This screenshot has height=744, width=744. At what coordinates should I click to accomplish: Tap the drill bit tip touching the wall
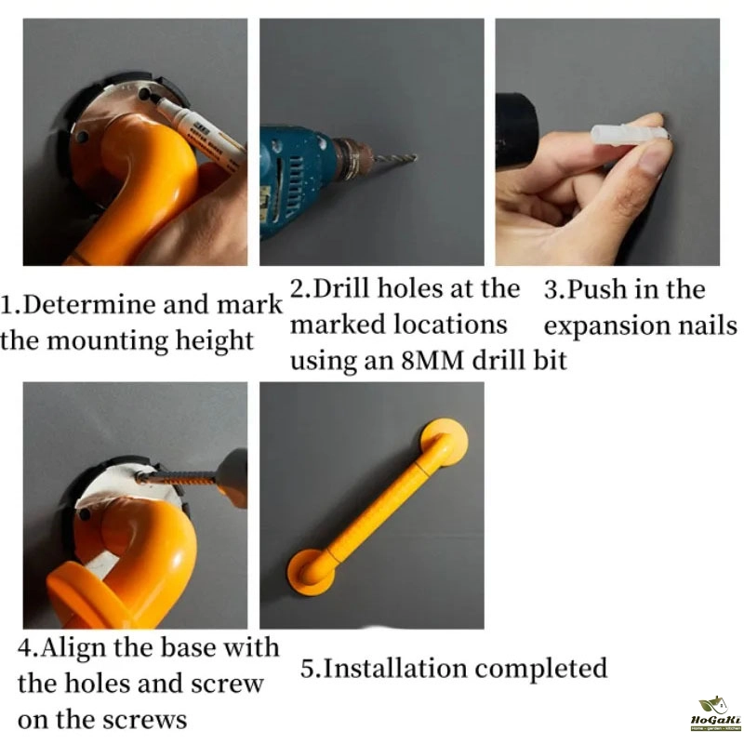point(416,156)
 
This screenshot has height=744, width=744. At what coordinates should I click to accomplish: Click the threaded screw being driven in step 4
point(176,477)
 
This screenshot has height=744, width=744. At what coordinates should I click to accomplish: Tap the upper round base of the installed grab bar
point(445,441)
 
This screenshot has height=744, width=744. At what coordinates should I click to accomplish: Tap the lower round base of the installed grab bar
point(311,571)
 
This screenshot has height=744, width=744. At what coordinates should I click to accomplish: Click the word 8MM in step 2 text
point(432,360)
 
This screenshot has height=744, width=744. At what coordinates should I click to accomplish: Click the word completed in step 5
point(541,668)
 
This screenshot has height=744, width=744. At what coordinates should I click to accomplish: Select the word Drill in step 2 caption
point(340,288)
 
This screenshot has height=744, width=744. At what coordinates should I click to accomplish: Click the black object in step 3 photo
point(515,130)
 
